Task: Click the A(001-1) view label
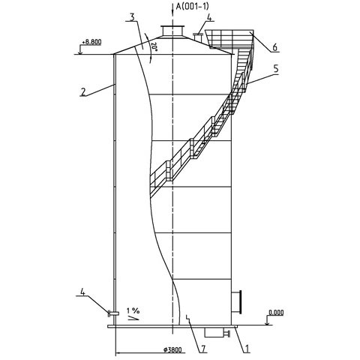click(x=192, y=6)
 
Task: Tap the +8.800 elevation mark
click(x=91, y=42)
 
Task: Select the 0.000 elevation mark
click(x=276, y=313)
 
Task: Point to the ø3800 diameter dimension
click(x=172, y=349)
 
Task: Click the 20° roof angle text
click(x=154, y=46)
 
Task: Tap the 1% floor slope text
click(x=133, y=310)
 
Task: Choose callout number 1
click(x=247, y=349)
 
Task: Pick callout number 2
click(x=83, y=92)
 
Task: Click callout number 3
click(x=132, y=17)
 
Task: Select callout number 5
click(x=276, y=69)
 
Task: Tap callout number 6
click(x=274, y=47)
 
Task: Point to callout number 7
click(x=204, y=349)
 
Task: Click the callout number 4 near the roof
click(x=209, y=17)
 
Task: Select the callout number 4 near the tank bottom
click(x=82, y=292)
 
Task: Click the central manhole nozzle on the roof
click(x=172, y=31)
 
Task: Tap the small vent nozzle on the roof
click(x=199, y=37)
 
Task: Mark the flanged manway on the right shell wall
click(x=236, y=301)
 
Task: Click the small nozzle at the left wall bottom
click(x=113, y=313)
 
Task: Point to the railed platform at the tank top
click(x=229, y=39)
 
